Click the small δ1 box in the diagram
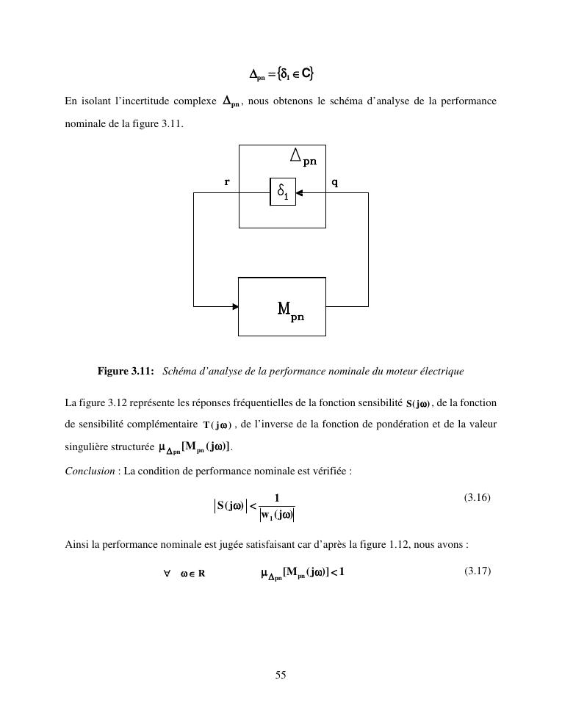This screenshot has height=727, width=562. coord(283,192)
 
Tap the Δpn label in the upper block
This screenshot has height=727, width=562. coord(303,156)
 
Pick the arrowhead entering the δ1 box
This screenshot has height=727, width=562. coord(299,192)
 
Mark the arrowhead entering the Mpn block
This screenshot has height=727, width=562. coord(235,306)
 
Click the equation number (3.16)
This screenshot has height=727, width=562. coord(477,497)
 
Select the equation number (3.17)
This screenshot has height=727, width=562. coord(477,571)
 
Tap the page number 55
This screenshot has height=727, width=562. coord(281,675)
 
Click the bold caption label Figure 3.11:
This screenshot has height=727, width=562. coord(126,371)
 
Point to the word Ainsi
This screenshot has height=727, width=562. coord(76,545)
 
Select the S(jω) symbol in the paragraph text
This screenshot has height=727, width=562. coord(418,403)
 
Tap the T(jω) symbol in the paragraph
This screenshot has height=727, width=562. coord(217,425)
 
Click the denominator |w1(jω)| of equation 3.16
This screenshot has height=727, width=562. coord(276,514)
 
